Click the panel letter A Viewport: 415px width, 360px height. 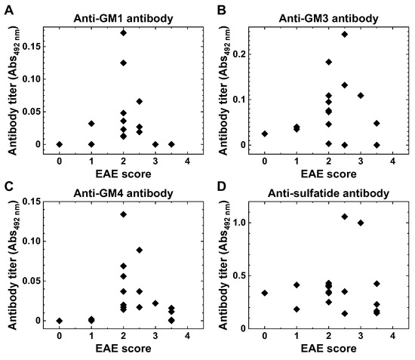tap(6, 10)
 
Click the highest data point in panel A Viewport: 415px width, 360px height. tap(123, 33)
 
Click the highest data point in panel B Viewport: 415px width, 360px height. tap(344, 34)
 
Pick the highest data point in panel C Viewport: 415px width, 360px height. tap(123, 214)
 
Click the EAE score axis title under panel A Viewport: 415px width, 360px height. tap(123, 172)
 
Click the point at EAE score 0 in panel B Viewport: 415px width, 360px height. tap(265, 134)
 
